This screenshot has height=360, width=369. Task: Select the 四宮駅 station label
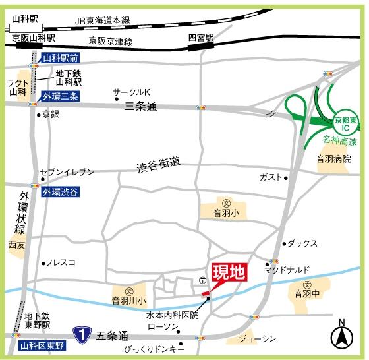tap(201, 38)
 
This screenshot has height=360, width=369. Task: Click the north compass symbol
tap(341, 336)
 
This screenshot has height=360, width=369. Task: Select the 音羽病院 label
tap(333, 159)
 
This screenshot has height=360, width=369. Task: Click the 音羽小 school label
tap(226, 213)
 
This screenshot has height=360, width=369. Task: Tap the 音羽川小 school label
tap(129, 300)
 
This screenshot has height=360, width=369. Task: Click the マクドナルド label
tap(284, 270)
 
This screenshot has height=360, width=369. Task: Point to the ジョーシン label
tap(257, 338)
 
